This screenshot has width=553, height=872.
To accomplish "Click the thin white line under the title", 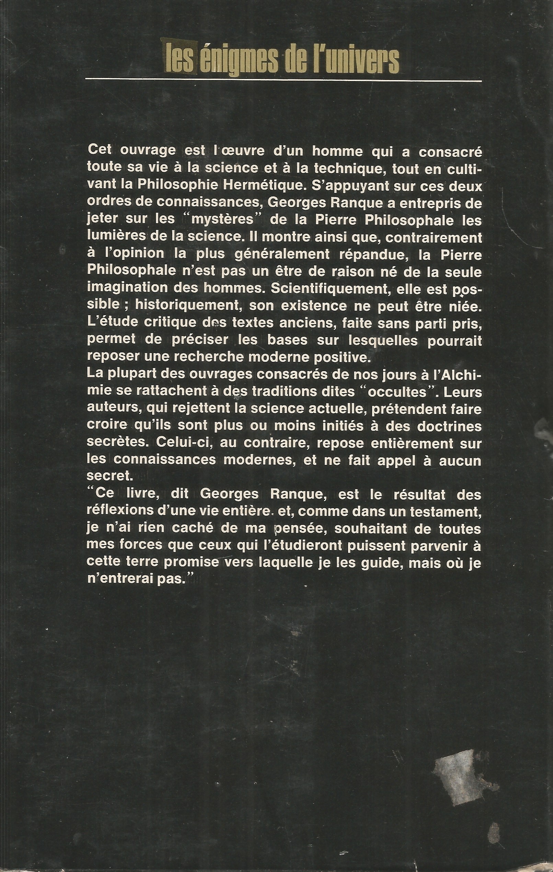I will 283,79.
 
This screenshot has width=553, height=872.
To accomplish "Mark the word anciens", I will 310,322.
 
